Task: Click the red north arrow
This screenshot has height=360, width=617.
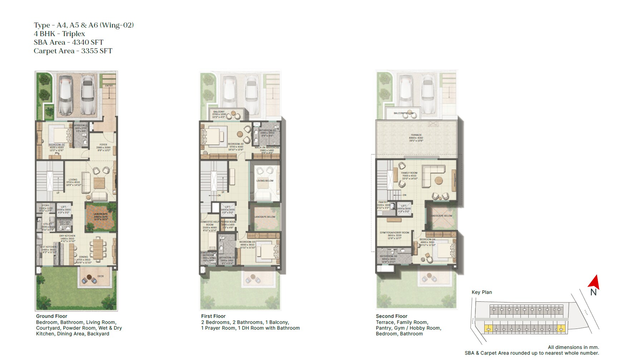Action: (594, 282)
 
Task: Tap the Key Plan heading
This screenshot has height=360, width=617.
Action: (481, 292)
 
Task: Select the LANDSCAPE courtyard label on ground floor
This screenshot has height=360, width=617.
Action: (101, 214)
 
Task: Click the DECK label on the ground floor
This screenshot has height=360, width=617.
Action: (101, 276)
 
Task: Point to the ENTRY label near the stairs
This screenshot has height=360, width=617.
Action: (109, 86)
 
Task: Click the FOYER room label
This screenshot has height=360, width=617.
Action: (103, 145)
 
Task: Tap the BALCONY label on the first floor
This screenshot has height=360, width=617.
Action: (219, 112)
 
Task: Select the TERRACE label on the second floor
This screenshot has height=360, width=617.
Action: (416, 135)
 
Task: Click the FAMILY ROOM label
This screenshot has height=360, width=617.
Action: (409, 173)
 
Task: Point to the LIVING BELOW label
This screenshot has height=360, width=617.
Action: (265, 181)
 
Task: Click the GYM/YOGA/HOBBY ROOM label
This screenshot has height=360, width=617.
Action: (394, 233)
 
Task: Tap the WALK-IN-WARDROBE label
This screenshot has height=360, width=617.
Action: (267, 147)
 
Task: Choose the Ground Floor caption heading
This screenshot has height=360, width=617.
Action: (52, 316)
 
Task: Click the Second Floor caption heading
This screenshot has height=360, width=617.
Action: (391, 316)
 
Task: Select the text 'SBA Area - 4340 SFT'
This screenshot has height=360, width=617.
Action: (68, 42)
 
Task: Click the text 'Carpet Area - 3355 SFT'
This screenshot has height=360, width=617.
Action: (73, 51)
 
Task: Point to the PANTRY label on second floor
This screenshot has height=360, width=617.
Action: (383, 202)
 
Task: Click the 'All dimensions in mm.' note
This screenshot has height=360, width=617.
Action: (573, 347)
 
